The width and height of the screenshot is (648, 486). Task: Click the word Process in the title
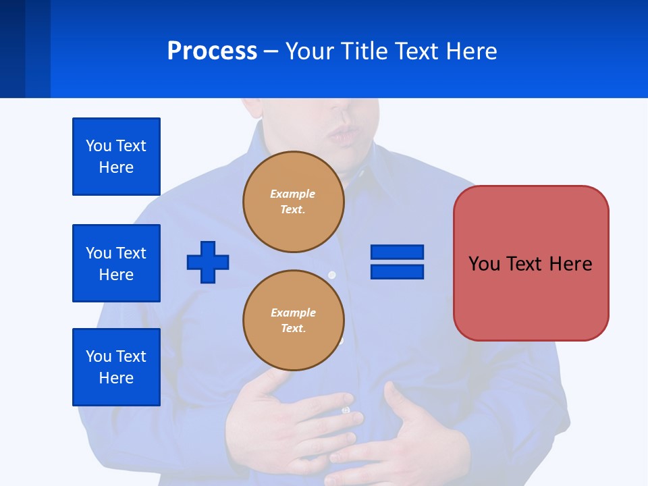click(x=212, y=51)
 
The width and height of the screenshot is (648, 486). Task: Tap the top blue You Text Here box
click(x=116, y=157)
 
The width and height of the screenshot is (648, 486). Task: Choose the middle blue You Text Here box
click(x=116, y=263)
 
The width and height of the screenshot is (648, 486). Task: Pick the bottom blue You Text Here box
click(x=116, y=367)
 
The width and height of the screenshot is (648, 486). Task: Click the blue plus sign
click(x=208, y=262)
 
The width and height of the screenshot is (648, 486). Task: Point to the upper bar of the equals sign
click(x=397, y=252)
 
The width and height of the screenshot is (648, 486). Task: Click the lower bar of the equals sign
click(x=397, y=271)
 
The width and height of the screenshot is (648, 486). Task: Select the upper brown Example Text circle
click(x=293, y=202)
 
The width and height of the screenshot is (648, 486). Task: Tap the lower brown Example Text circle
click(x=293, y=321)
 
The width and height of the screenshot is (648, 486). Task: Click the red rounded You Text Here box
click(x=531, y=263)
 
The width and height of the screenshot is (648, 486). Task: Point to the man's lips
click(x=345, y=135)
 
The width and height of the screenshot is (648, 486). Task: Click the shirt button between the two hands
click(x=346, y=410)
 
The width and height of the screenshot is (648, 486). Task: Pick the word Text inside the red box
click(x=530, y=263)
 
